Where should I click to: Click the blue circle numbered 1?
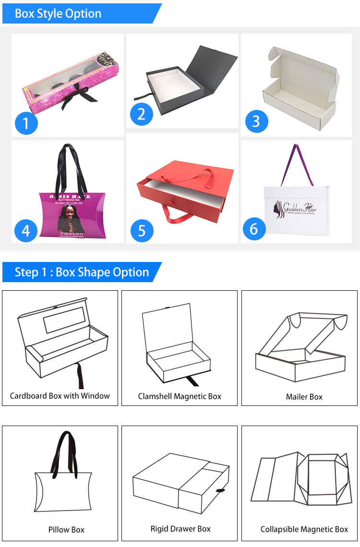click(26, 123)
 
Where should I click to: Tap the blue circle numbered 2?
click(141, 114)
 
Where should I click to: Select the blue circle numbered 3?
click(256, 121)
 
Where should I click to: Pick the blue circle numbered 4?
click(26, 230)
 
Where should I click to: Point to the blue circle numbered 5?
click(142, 230)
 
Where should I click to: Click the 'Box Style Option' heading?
click(58, 13)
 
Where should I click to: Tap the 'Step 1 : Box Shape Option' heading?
click(82, 272)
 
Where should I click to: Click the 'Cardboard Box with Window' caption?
click(60, 396)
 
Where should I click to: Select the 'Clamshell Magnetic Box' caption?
click(180, 396)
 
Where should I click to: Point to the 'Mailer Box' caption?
click(304, 397)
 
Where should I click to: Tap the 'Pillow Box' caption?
click(66, 530)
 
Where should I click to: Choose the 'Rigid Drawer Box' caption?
click(180, 529)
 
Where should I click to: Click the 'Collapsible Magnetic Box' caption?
click(304, 529)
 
